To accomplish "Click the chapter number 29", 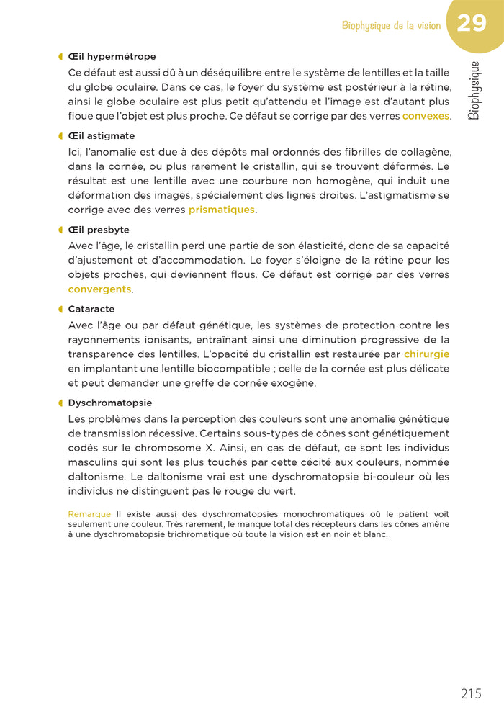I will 472,24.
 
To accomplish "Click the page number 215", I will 471,694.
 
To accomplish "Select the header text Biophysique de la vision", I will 391,26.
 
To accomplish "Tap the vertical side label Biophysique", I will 474,90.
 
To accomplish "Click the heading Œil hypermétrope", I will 112,57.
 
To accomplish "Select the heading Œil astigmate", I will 102,136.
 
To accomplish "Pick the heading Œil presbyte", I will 99,230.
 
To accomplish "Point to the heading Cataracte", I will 91,310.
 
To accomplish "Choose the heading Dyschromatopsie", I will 110,403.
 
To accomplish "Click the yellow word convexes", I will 426,116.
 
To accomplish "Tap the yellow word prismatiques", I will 222,210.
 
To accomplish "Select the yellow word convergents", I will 100,289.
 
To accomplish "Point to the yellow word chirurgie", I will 426,354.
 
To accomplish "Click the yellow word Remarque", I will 89,514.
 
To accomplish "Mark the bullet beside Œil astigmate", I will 60,136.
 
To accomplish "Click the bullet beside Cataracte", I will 60,310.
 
